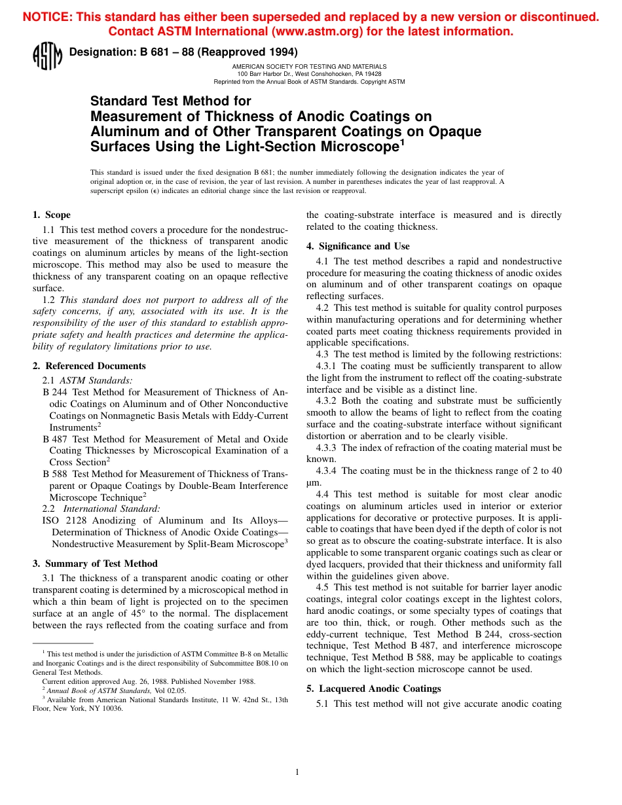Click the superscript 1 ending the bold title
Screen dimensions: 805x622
[x=403, y=142]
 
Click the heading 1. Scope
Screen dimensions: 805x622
[x=52, y=215]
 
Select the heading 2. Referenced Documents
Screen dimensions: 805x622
[x=89, y=366]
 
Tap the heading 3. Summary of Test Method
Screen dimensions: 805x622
[x=95, y=563]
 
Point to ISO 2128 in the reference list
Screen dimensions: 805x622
[x=62, y=520]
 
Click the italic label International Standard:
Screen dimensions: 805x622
[x=111, y=509]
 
